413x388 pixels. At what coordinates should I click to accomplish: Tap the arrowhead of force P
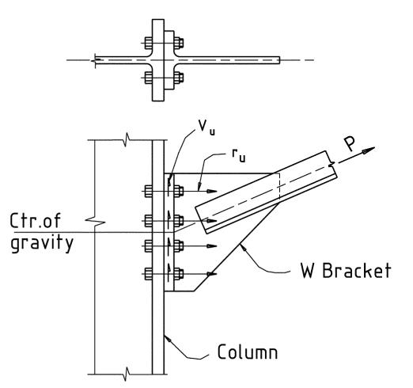[x=369, y=150]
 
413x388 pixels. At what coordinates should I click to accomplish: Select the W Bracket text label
[x=346, y=270]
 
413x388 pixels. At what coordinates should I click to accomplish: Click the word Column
[x=248, y=352]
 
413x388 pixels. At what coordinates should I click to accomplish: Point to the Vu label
[x=206, y=127]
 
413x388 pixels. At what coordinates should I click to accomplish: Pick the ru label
[x=239, y=156]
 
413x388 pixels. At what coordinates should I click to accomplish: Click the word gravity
[x=42, y=244]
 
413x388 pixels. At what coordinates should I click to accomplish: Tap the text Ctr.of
[x=36, y=221]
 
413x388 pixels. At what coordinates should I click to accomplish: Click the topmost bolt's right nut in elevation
[x=179, y=191]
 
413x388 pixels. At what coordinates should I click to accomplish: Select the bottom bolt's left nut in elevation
[x=148, y=274]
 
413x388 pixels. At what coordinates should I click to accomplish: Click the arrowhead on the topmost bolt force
[x=212, y=191]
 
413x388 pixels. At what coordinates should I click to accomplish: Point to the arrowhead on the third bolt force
[x=212, y=246]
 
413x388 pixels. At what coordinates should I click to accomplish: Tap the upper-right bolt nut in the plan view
[x=179, y=43]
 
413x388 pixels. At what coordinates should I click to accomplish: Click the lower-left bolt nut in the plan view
[x=148, y=78]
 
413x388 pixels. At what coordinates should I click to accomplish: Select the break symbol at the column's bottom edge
[x=127, y=374]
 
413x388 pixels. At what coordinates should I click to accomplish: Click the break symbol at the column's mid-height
[x=95, y=222]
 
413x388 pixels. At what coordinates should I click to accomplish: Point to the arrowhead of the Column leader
[x=167, y=338]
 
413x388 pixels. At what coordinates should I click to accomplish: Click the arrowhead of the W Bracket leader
[x=243, y=248]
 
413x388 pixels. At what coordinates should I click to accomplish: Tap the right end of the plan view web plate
[x=279, y=60]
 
